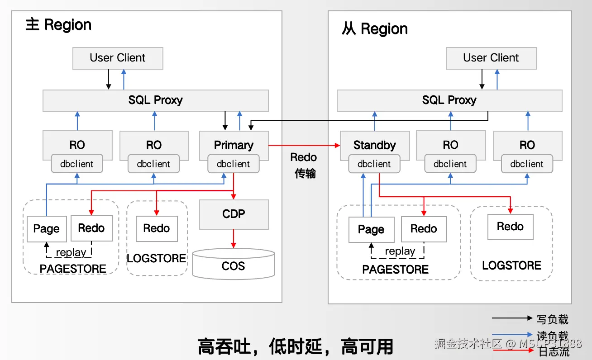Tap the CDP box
click(x=234, y=214)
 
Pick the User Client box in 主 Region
click(x=118, y=58)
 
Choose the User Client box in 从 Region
click(x=491, y=58)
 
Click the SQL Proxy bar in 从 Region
click(x=449, y=100)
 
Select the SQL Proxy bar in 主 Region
click(x=155, y=100)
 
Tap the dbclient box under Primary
click(x=234, y=164)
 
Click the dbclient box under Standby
click(x=374, y=164)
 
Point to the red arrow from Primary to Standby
click(x=304, y=146)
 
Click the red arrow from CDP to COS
click(x=234, y=238)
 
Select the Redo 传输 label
click(x=304, y=166)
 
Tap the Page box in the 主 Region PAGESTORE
click(x=46, y=228)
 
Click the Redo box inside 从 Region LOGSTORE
click(x=510, y=227)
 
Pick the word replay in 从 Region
click(x=400, y=251)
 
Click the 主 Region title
click(x=58, y=24)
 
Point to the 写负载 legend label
click(x=552, y=319)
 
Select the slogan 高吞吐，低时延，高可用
click(x=295, y=347)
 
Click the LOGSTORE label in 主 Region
click(x=157, y=258)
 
